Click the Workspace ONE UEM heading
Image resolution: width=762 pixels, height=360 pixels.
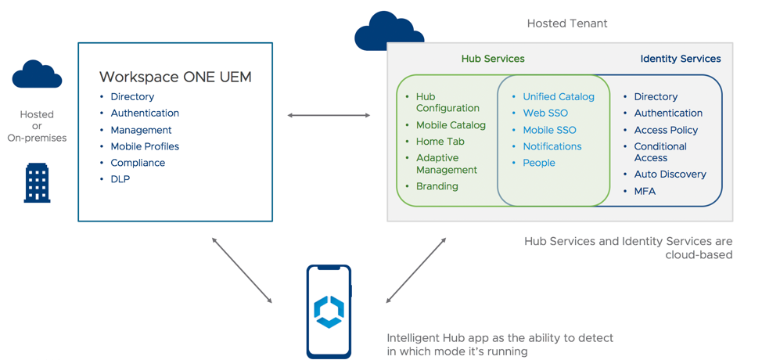pyautogui.click(x=175, y=77)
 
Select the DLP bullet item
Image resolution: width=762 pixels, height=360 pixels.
pyautogui.click(x=120, y=179)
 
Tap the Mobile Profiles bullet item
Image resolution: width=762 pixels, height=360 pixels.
pyautogui.click(x=145, y=146)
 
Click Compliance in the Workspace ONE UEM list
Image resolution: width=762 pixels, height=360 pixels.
pyautogui.click(x=138, y=163)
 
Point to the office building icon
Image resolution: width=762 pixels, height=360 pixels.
pyautogui.click(x=37, y=183)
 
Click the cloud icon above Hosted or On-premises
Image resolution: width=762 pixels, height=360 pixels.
pyautogui.click(x=37, y=75)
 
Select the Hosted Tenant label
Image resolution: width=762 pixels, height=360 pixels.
pyautogui.click(x=566, y=23)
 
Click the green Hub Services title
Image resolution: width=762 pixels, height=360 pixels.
pyautogui.click(x=493, y=59)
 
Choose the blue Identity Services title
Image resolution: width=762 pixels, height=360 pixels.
pyautogui.click(x=680, y=59)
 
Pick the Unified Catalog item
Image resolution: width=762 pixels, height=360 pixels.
pyautogui.click(x=558, y=96)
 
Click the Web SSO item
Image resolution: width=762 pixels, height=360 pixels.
pyautogui.click(x=545, y=113)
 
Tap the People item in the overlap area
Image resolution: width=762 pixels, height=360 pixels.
pyautogui.click(x=539, y=163)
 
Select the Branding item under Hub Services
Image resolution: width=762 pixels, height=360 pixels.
pyautogui.click(x=437, y=186)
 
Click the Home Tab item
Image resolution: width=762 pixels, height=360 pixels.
pyautogui.click(x=440, y=142)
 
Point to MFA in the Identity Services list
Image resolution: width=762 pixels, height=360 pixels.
pyautogui.click(x=645, y=191)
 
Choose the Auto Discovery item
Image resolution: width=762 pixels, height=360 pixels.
pyautogui.click(x=670, y=175)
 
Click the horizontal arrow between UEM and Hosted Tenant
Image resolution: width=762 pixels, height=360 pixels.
pyautogui.click(x=329, y=115)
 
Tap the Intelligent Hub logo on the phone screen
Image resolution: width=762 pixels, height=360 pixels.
pyautogui.click(x=329, y=311)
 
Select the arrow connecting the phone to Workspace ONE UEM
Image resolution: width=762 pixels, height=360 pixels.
pyautogui.click(x=242, y=270)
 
